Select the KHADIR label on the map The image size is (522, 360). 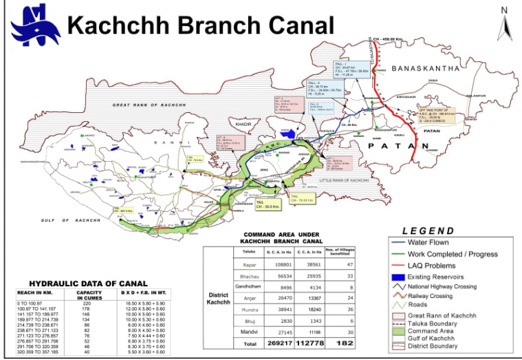pos(246,124)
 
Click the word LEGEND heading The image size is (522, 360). pos(428,231)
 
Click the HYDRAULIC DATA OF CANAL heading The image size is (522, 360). pos(88,284)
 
